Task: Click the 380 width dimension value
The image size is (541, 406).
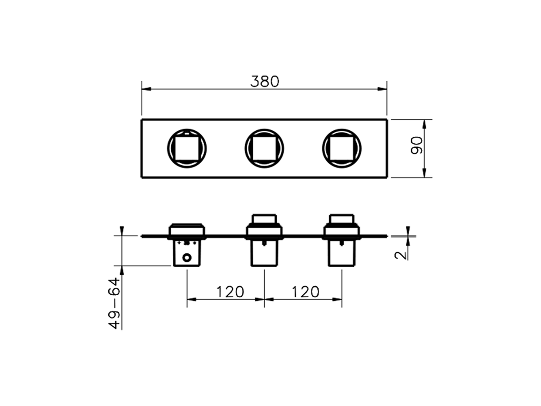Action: point(265,81)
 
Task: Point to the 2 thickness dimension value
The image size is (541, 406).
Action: point(401,254)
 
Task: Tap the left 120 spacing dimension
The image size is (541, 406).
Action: point(230,291)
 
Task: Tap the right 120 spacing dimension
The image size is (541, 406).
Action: point(305,291)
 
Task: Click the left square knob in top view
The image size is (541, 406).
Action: point(187,148)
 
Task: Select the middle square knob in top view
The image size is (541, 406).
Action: point(264,148)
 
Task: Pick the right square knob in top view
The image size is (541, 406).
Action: point(342,148)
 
